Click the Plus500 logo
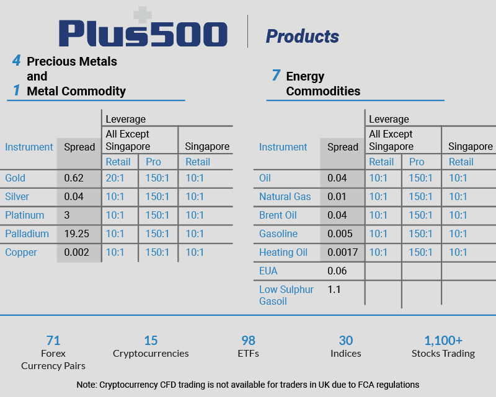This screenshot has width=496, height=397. pyautogui.click(x=143, y=32)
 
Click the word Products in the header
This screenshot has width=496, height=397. pyautogui.click(x=303, y=37)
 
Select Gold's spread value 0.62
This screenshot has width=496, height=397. pyautogui.click(x=74, y=178)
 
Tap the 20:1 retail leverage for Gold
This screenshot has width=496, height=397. pyautogui.click(x=115, y=178)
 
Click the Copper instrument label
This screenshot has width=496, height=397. pyautogui.click(x=21, y=253)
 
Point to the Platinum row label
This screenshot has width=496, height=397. pyautogui.click(x=25, y=216)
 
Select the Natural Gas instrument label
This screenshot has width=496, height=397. pyautogui.click(x=285, y=197)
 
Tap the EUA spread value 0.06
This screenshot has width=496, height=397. pyautogui.click(x=338, y=271)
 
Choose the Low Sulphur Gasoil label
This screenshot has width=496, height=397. pyautogui.click(x=286, y=295)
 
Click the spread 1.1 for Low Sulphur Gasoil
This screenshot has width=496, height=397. pyautogui.click(x=334, y=289)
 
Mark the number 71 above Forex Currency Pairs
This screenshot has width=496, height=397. pyautogui.click(x=53, y=341)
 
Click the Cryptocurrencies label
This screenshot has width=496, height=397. pyautogui.click(x=151, y=354)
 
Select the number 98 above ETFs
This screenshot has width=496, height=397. pyautogui.click(x=248, y=341)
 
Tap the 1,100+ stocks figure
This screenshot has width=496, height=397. pyautogui.click(x=443, y=341)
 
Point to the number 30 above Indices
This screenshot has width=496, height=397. pyautogui.click(x=345, y=341)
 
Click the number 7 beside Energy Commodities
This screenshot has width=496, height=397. pyautogui.click(x=276, y=76)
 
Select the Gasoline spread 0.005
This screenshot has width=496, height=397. pyautogui.click(x=340, y=234)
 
